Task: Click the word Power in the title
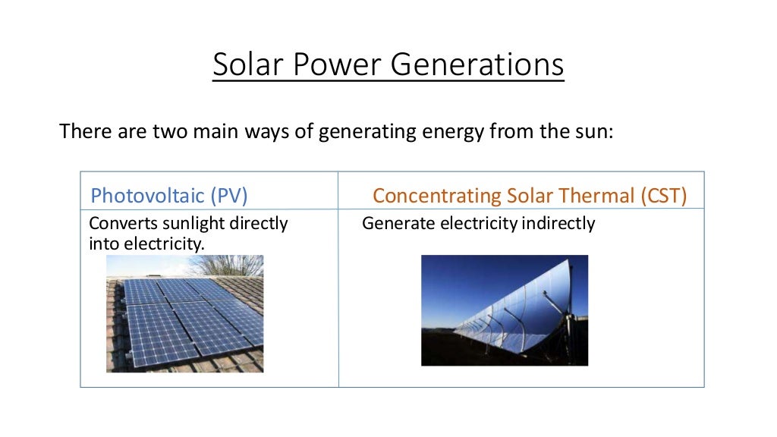click(x=336, y=65)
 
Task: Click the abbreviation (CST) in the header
click(x=662, y=196)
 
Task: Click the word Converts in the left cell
click(x=118, y=224)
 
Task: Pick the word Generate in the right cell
click(x=391, y=224)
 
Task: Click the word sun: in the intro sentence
click(x=593, y=132)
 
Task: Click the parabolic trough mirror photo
click(x=504, y=310)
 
